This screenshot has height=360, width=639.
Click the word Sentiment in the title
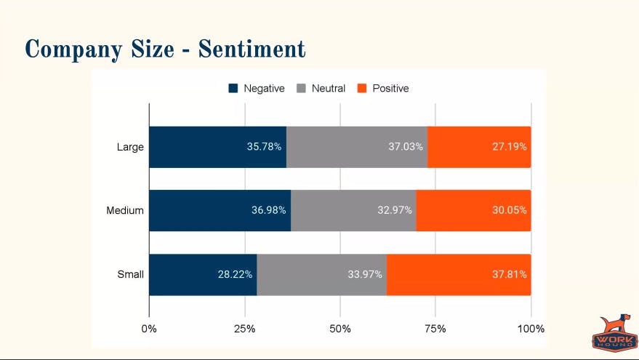point(252,49)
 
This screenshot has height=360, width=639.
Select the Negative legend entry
point(257,88)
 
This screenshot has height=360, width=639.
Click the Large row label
point(130,147)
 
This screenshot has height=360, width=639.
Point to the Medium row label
point(125,211)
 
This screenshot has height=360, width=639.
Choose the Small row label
point(130,275)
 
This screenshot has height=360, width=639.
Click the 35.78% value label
point(264,146)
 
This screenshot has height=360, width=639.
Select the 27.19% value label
point(509,146)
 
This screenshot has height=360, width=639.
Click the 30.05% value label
point(509,210)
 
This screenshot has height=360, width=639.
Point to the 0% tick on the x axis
point(149,329)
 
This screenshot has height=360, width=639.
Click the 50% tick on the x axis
point(340,329)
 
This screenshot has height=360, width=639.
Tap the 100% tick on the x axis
point(531,329)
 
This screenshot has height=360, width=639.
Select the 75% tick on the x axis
point(435,329)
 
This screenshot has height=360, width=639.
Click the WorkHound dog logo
point(614,333)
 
